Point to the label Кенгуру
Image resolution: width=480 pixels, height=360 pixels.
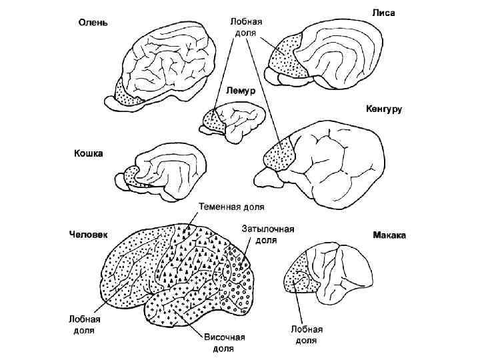pyautogui.click(x=383, y=109)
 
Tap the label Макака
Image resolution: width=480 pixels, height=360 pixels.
pyautogui.click(x=390, y=235)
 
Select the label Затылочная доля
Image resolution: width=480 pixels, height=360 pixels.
pyautogui.click(x=267, y=234)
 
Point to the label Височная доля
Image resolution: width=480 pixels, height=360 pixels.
pyautogui.click(x=223, y=343)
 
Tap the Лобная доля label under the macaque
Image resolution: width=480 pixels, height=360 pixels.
pyautogui.click(x=307, y=335)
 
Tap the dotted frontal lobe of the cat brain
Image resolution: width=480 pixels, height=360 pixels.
pyautogui.click(x=131, y=175)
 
